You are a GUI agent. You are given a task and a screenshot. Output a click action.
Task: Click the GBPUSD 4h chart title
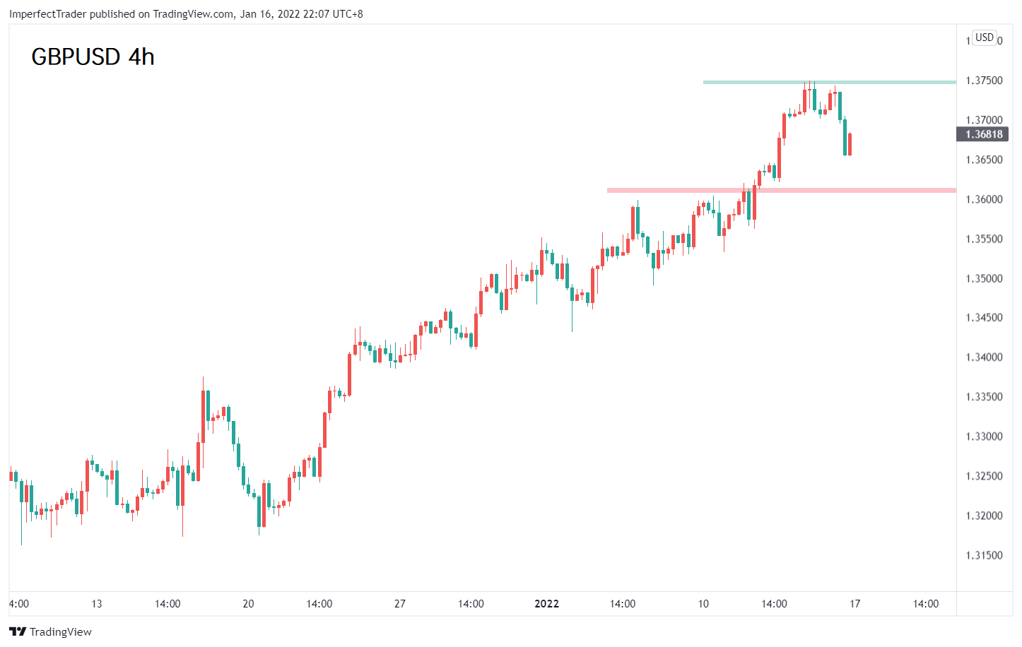click(x=93, y=57)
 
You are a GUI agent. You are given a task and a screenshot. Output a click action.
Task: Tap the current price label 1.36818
click(x=982, y=134)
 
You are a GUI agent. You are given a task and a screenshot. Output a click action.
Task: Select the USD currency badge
click(x=984, y=37)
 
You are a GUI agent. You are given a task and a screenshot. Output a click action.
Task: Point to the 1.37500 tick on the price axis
click(x=984, y=81)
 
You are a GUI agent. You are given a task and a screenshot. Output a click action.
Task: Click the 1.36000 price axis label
click(x=984, y=199)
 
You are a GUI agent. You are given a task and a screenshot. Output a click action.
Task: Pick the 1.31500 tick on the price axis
click(x=984, y=555)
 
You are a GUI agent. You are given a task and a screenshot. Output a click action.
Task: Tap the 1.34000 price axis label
click(x=984, y=357)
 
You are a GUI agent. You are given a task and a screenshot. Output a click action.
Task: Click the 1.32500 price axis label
click(x=984, y=476)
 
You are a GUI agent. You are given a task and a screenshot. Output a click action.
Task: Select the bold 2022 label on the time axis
click(x=546, y=604)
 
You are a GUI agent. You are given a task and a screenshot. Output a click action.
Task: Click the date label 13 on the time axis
click(x=97, y=604)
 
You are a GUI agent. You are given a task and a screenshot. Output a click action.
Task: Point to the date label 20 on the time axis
click(x=248, y=604)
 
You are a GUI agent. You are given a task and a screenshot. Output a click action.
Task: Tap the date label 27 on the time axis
click(x=399, y=604)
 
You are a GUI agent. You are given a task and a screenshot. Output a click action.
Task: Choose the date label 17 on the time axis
click(x=854, y=604)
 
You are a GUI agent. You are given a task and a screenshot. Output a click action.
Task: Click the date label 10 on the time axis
click(x=703, y=604)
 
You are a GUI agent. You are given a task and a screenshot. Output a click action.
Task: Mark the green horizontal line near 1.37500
click(x=830, y=83)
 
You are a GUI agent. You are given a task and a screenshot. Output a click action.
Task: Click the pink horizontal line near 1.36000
click(x=782, y=190)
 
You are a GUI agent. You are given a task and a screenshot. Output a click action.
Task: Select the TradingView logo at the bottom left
click(x=51, y=631)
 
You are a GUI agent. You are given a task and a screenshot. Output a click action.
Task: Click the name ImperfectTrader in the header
click(x=48, y=14)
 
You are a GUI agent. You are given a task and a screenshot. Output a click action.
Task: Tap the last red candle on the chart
click(x=850, y=144)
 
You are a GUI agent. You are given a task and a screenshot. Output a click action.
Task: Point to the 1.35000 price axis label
click(x=984, y=278)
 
